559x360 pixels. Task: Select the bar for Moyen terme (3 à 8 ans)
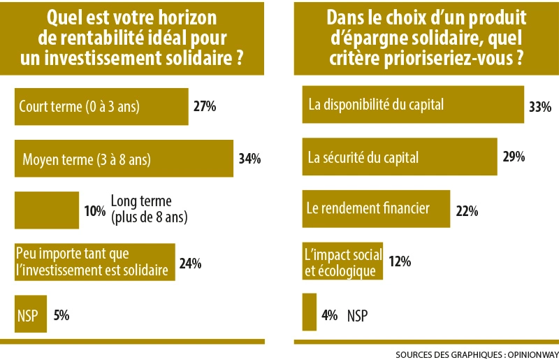point(124,159)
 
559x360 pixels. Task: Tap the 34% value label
point(249,159)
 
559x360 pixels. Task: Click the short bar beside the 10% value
point(47,210)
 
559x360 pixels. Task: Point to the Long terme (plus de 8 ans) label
point(150,210)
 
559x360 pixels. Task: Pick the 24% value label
point(190,263)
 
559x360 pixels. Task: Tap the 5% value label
point(61,315)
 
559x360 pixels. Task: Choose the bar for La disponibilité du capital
point(412,105)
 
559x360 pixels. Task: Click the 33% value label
point(540,107)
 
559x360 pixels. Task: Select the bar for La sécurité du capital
point(399,157)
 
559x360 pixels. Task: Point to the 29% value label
point(514,157)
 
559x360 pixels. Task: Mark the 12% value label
point(400,262)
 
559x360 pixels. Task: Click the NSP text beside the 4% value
point(357,316)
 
